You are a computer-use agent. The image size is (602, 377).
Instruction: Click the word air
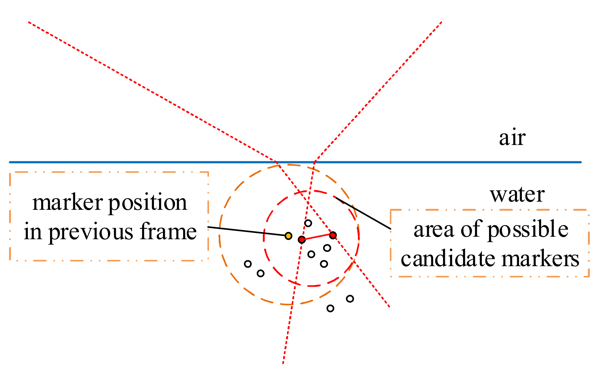(512, 138)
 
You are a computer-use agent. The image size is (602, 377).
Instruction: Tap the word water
(517, 195)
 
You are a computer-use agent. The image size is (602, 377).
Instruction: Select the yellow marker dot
(288, 236)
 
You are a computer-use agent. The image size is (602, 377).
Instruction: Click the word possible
(528, 230)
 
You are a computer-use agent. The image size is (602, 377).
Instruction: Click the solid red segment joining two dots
(317, 237)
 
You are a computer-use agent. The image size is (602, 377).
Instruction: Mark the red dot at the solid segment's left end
(302, 240)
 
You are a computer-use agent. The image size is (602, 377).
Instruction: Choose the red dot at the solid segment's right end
(333, 235)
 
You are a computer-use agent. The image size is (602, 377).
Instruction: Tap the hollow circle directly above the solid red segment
(308, 223)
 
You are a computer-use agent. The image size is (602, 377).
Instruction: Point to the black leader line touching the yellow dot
(247, 231)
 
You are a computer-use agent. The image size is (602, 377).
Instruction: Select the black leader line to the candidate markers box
(363, 213)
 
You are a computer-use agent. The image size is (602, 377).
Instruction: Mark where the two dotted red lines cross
(307, 203)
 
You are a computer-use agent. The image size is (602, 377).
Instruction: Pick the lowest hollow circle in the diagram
(330, 308)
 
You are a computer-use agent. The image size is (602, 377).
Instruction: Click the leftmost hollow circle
(248, 264)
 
